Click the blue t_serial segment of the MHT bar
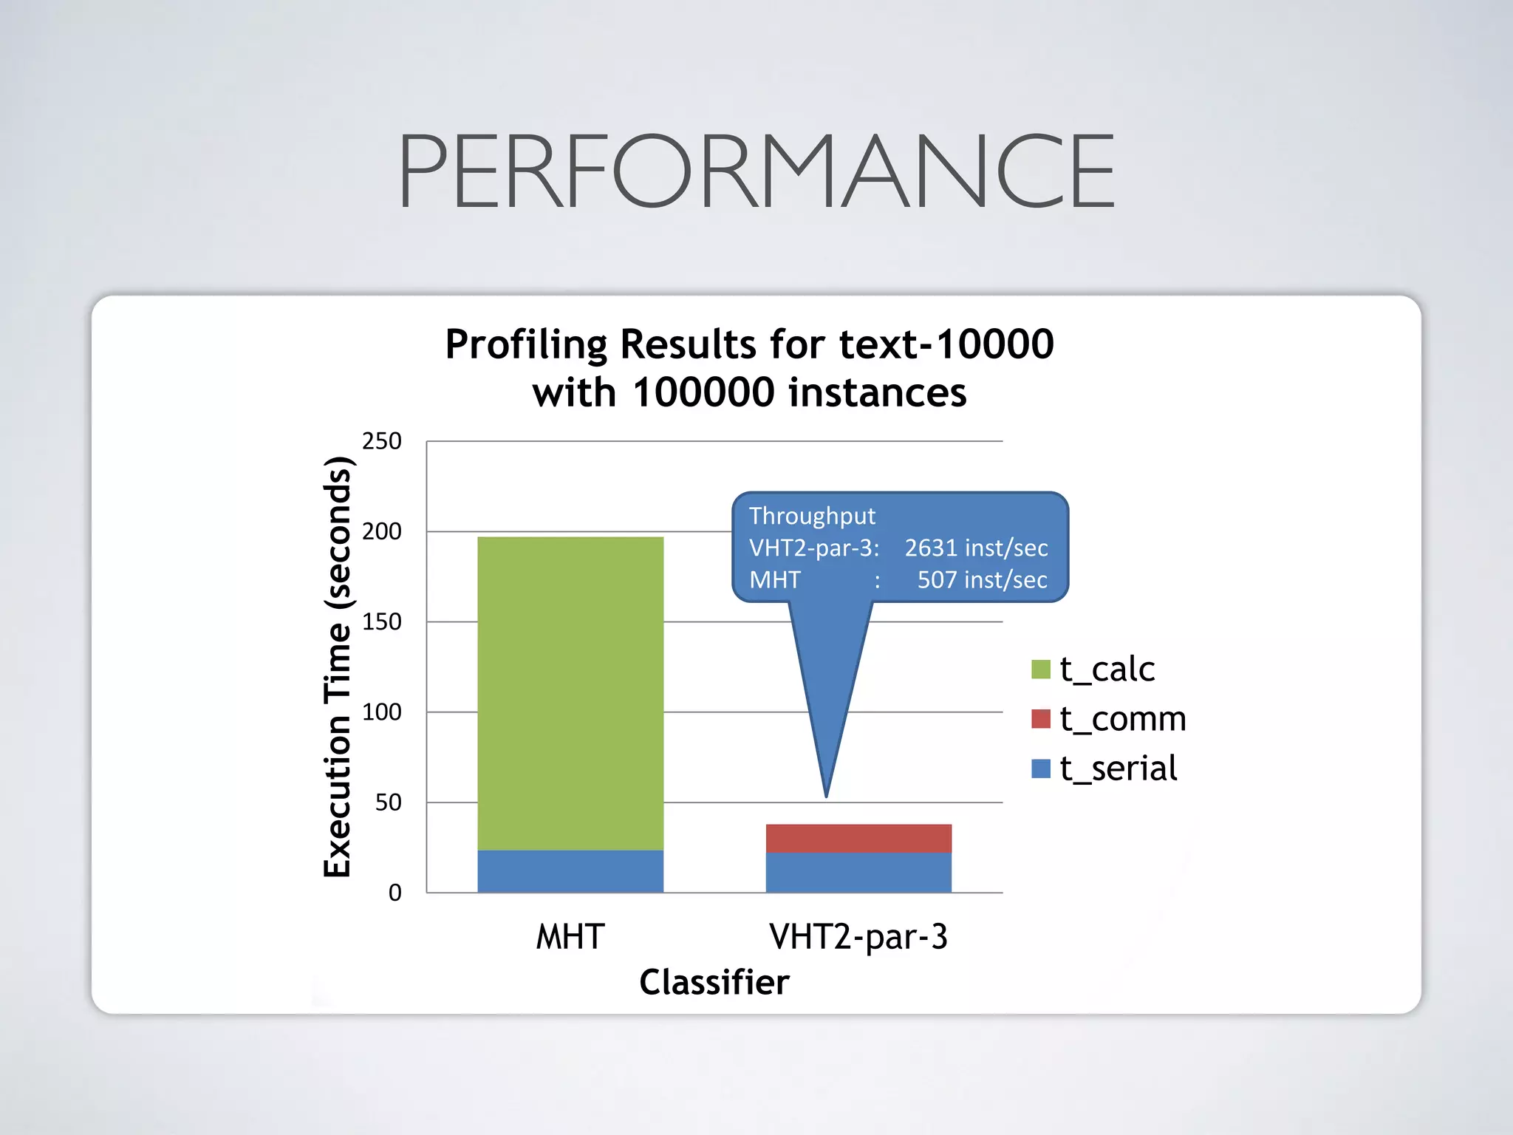tap(570, 871)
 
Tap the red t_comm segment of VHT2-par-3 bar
tap(858, 838)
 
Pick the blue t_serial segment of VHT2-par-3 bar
tap(858, 873)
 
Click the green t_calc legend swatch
tap(1040, 669)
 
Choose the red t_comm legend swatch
tap(1040, 718)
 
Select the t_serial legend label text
tap(1118, 768)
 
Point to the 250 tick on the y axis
tap(381, 441)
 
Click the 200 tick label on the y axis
tap(381, 531)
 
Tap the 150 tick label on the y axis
tap(381, 621)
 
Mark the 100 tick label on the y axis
tap(381, 712)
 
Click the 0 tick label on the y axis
tap(395, 893)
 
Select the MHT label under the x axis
tap(570, 937)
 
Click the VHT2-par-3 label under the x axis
tap(858, 937)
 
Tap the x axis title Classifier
tap(714, 982)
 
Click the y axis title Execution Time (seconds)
tap(338, 667)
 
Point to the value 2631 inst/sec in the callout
tap(976, 548)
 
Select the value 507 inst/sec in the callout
tap(982, 580)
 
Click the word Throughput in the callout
tap(812, 516)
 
